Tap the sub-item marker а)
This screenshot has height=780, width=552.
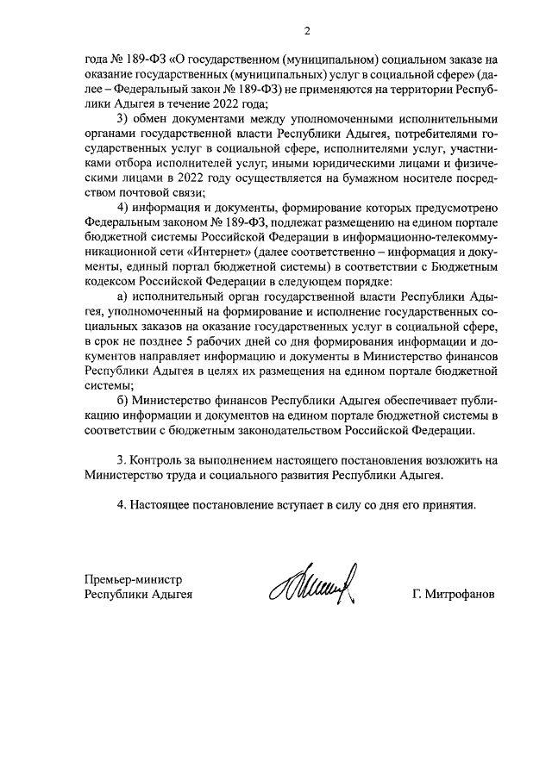pyautogui.click(x=122, y=296)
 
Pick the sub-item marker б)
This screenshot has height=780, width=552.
pyautogui.click(x=122, y=401)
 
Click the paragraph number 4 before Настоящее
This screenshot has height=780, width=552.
pyautogui.click(x=121, y=504)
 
